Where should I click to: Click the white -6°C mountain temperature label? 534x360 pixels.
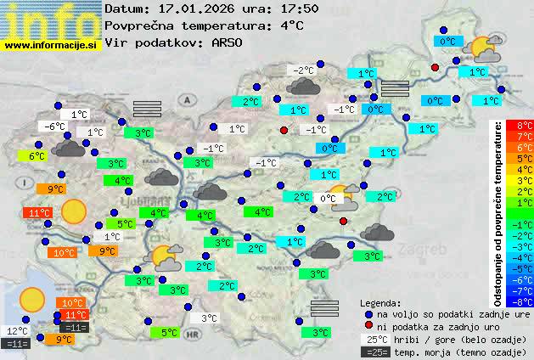[54, 127]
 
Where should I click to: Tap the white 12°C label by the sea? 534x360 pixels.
[17, 331]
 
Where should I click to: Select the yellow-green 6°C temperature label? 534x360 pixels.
[37, 156]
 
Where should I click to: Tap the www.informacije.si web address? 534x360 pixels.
[50, 44]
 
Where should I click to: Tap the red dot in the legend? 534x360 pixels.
[368, 327]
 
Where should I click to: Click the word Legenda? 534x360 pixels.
[380, 302]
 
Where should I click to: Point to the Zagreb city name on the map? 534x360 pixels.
[424, 250]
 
